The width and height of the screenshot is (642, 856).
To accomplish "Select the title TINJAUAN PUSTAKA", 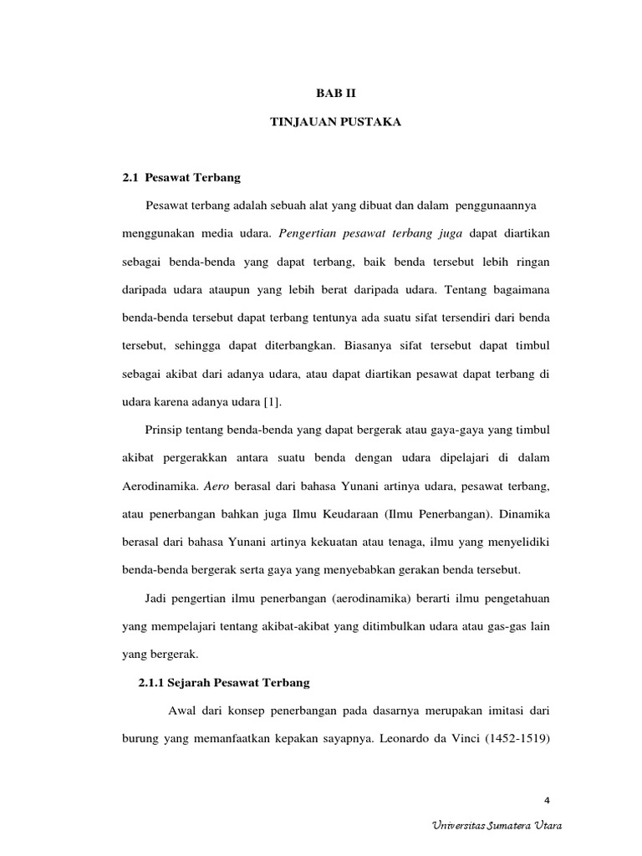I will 335,122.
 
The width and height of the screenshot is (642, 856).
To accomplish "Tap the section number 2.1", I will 130,177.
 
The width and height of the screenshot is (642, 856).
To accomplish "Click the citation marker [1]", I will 273,403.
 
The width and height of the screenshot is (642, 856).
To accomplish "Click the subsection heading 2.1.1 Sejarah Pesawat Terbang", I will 224,683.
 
